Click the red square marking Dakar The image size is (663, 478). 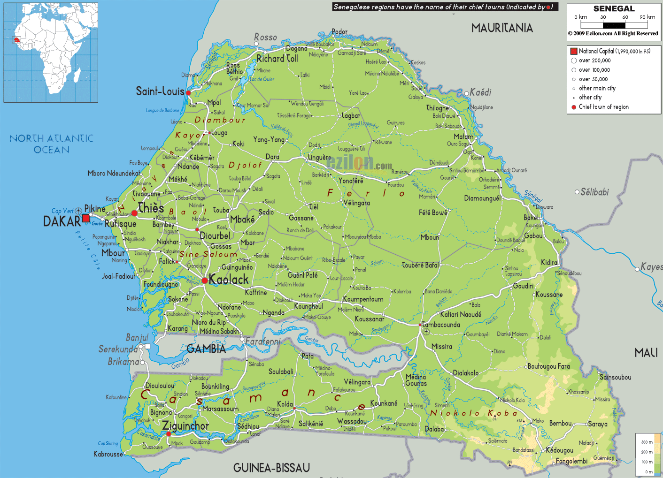[86, 218]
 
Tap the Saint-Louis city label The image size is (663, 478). [160, 91]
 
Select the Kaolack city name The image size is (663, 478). [229, 280]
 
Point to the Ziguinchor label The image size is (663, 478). [185, 426]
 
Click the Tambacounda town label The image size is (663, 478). [441, 325]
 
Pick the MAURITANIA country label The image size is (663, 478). [502, 28]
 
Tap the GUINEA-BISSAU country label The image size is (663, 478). [271, 468]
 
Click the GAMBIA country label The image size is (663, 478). [206, 349]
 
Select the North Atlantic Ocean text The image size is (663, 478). [52, 144]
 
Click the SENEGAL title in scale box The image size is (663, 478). [614, 8]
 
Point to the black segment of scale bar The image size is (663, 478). [614, 25]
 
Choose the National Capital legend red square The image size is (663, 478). [573, 51]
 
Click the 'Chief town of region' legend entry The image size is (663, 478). [603, 107]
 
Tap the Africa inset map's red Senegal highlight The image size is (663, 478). [17, 40]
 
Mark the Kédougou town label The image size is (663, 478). [559, 450]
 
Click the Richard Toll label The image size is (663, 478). [278, 59]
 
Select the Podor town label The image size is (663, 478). [339, 32]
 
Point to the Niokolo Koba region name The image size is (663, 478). [474, 413]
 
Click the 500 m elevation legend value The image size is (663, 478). [647, 442]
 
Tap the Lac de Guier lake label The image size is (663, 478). [262, 79]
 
